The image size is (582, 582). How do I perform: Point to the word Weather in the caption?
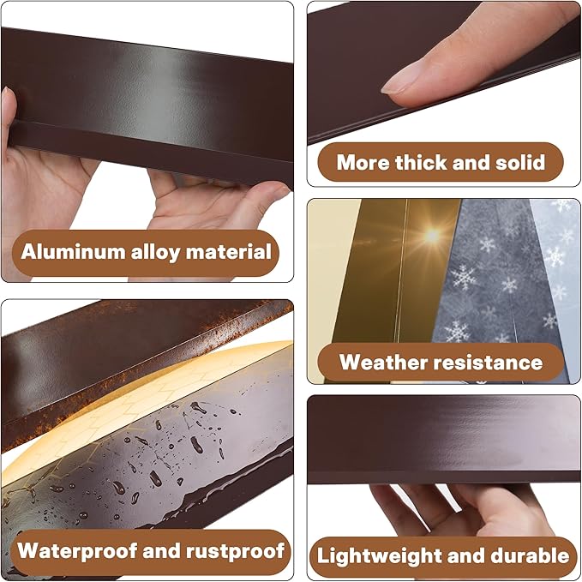click(x=382, y=362)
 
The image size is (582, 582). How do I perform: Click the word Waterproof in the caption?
click(x=75, y=549)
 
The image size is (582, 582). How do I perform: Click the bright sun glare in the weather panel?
click(x=432, y=234)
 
